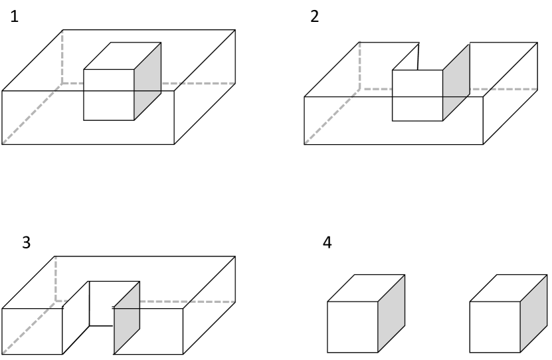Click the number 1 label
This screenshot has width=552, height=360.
[x=14, y=17]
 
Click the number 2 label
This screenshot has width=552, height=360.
[x=314, y=17]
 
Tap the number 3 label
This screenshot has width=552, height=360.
[x=27, y=242]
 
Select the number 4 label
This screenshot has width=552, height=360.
[x=327, y=242]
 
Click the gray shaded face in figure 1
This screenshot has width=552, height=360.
[x=147, y=81]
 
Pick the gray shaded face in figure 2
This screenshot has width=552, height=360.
[x=456, y=83]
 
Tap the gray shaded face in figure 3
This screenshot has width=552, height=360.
[x=127, y=317]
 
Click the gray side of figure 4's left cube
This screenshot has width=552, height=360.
[x=391, y=314]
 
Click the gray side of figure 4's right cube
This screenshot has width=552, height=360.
[x=533, y=314]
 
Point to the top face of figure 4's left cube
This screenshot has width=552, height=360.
[x=366, y=288]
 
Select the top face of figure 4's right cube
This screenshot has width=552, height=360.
[x=509, y=288]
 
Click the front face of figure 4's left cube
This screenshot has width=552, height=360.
[x=353, y=327]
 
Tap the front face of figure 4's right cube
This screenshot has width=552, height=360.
[x=495, y=327]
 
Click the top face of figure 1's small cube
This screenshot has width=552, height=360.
[x=122, y=56]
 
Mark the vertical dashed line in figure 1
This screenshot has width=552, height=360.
[x=62, y=56]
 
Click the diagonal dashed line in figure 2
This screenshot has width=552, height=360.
[x=332, y=116]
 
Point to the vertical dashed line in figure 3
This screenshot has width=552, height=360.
[x=55, y=279]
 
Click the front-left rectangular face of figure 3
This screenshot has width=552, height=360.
[x=32, y=331]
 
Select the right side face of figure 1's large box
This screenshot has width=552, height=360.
[x=205, y=87]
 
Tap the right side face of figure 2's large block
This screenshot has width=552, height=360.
[x=510, y=93]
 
